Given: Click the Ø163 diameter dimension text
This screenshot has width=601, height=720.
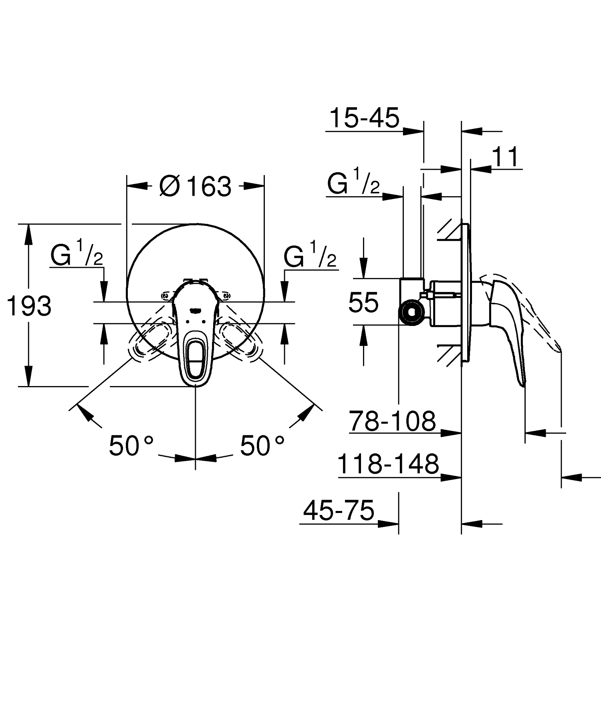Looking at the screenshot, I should [x=196, y=187].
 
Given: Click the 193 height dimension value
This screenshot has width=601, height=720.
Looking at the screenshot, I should [x=29, y=306].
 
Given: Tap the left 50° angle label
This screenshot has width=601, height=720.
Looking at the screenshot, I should [x=131, y=446].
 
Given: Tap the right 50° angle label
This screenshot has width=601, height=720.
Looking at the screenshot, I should [x=262, y=446].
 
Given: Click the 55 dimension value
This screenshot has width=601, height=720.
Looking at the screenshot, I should [x=363, y=302].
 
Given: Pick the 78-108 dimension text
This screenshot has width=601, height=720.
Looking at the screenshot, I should [x=392, y=421].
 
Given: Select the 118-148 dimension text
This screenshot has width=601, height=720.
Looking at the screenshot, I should [x=388, y=465].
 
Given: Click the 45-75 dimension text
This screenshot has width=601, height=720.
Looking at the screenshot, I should [x=339, y=511].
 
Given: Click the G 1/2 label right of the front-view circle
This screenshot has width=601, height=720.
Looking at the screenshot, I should [x=309, y=256].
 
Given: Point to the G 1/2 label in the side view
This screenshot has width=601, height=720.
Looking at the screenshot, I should [x=353, y=185].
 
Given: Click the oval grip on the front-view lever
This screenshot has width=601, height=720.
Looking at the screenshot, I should [x=195, y=357].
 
